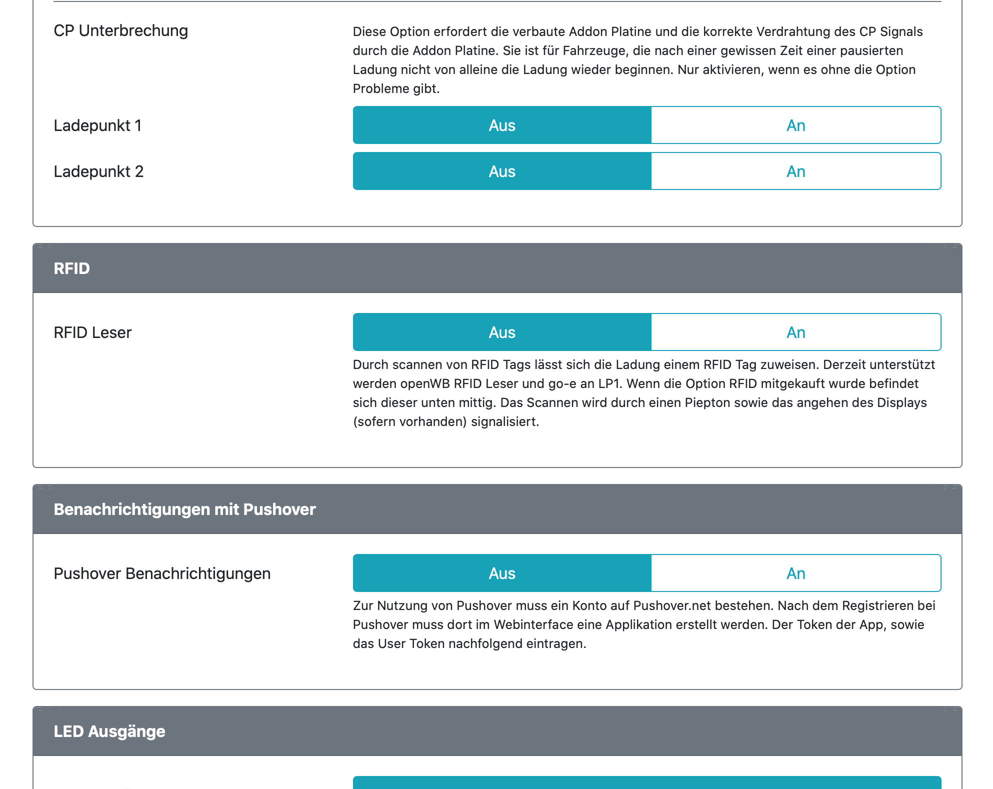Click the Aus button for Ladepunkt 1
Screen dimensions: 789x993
pyautogui.click(x=502, y=125)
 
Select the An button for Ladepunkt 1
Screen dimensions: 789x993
pyautogui.click(x=795, y=125)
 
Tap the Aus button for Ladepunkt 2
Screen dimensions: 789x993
pyautogui.click(x=502, y=171)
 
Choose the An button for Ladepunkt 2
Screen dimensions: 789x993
pyautogui.click(x=795, y=171)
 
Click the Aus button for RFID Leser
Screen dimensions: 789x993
pyautogui.click(x=502, y=332)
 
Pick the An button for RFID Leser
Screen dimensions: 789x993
pyautogui.click(x=795, y=332)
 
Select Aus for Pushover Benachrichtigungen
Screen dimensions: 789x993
pyautogui.click(x=502, y=573)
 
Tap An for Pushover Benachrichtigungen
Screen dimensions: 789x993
pyautogui.click(x=795, y=573)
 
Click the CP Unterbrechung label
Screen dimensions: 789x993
pyautogui.click(x=121, y=30)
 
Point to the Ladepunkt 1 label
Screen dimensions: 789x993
pyautogui.click(x=97, y=125)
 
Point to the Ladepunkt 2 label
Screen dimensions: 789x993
pyautogui.click(x=98, y=171)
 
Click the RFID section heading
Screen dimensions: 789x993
pyautogui.click(x=72, y=268)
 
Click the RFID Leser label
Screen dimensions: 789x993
pyautogui.click(x=92, y=332)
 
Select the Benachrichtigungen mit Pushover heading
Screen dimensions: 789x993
pyautogui.click(x=184, y=509)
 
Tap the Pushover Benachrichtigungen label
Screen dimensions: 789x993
pyautogui.click(x=162, y=573)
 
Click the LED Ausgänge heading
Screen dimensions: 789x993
pyautogui.click(x=109, y=731)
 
